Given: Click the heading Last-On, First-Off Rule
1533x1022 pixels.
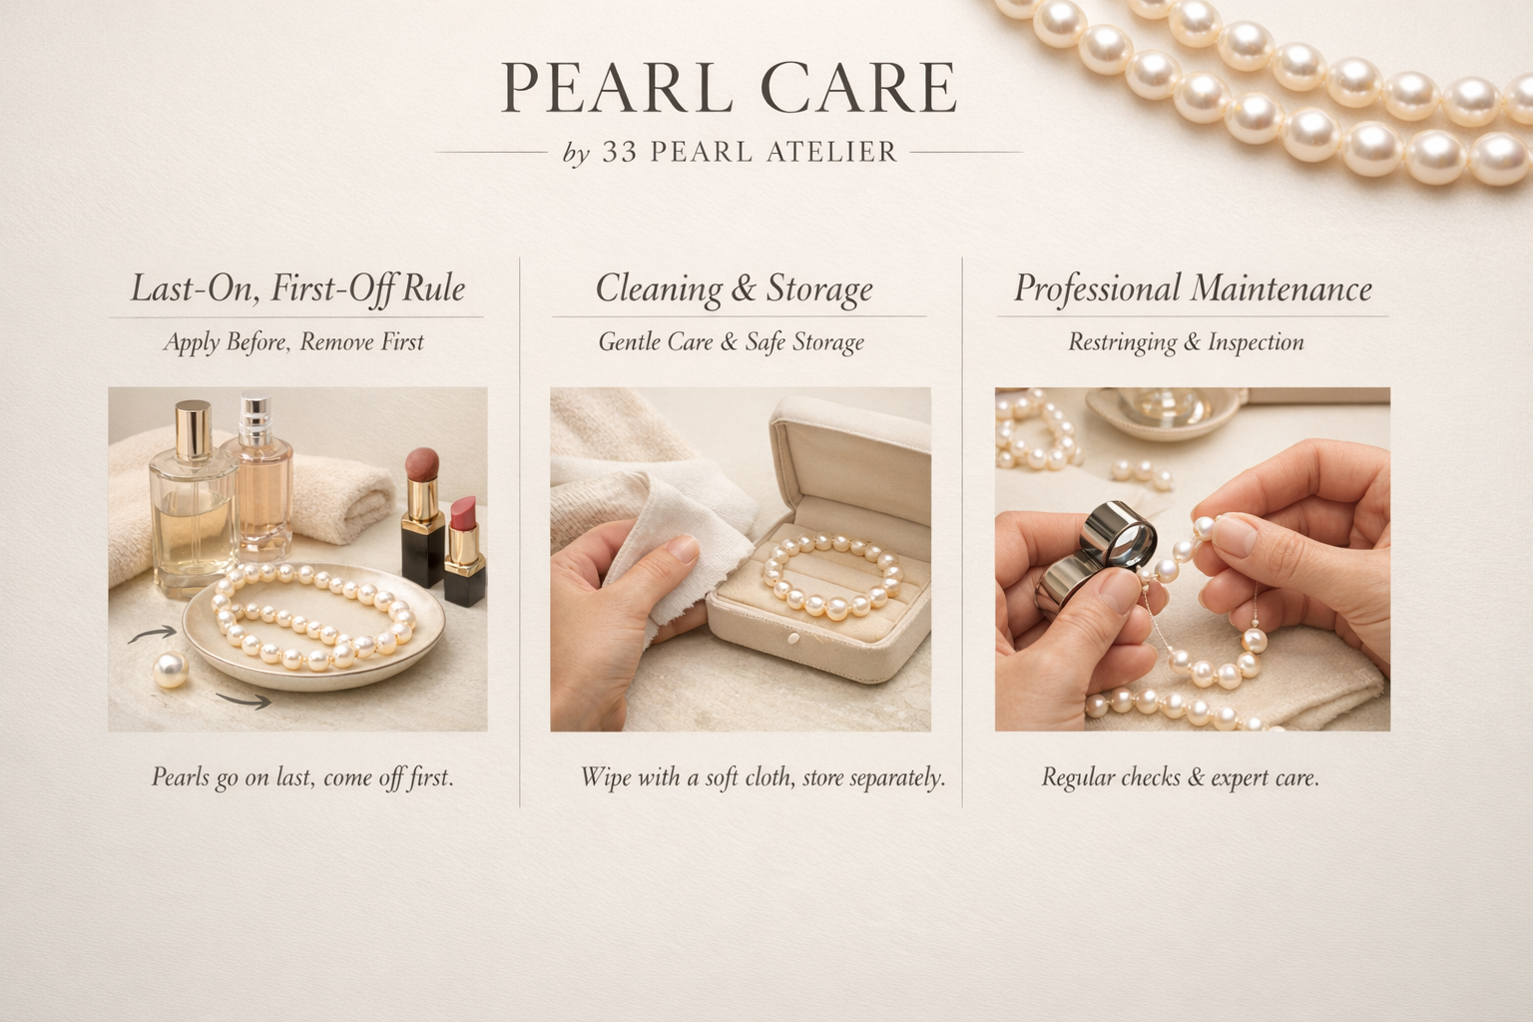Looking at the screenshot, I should tap(297, 288).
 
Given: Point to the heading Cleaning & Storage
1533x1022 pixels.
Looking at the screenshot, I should tap(734, 288).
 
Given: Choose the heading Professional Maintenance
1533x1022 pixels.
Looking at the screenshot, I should tap(1193, 288).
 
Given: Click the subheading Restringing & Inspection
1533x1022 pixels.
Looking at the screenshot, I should tap(1186, 342).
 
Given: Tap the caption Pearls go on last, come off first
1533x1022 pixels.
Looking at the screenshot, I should tap(302, 776).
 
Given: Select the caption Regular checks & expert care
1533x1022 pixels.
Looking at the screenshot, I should tap(1180, 776).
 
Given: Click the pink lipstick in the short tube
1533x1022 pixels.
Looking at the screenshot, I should tap(462, 515).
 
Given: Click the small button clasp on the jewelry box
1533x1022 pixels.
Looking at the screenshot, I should tap(794, 638).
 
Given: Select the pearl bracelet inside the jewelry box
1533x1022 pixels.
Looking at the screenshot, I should tap(833, 574).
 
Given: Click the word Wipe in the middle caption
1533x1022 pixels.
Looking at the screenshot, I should tap(605, 776).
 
